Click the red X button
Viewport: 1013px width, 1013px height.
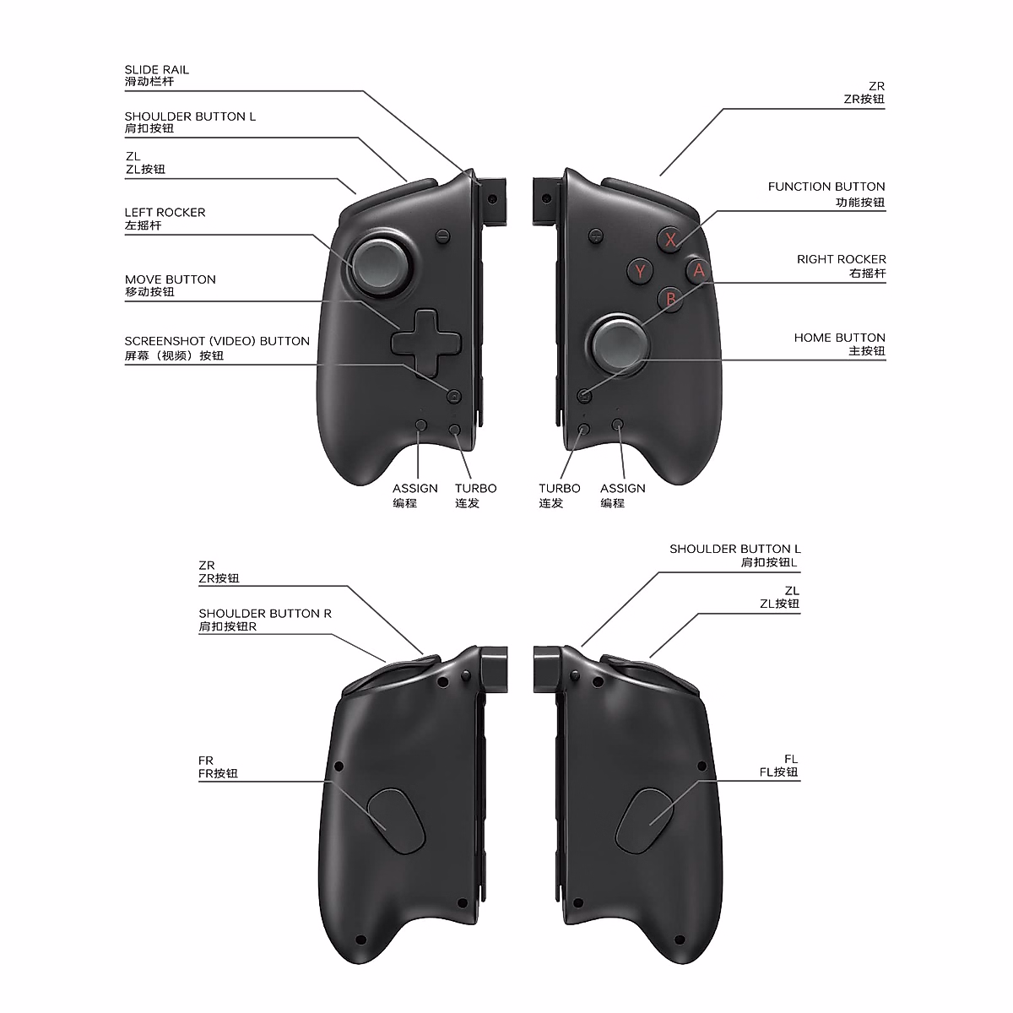pyautogui.click(x=671, y=239)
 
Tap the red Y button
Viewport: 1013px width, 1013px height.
pyautogui.click(x=641, y=271)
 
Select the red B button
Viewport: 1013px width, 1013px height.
pyautogui.click(x=671, y=298)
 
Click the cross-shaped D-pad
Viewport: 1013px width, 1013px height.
pyautogui.click(x=427, y=342)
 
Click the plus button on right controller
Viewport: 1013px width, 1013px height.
pyautogui.click(x=596, y=236)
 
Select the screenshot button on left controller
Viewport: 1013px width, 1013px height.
pyautogui.click(x=454, y=395)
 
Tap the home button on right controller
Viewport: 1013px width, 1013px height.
pyautogui.click(x=584, y=395)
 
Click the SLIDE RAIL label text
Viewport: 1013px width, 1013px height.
pyautogui.click(x=157, y=70)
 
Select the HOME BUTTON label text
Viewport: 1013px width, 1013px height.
pyautogui.click(x=839, y=338)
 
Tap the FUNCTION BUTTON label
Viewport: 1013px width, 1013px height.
pyautogui.click(x=826, y=187)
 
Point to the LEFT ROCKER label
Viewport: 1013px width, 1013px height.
pyautogui.click(x=165, y=213)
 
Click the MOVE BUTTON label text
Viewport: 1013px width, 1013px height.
pyautogui.click(x=171, y=279)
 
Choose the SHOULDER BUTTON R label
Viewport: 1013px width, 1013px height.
pyautogui.click(x=265, y=614)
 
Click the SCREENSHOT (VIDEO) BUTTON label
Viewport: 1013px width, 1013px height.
pyautogui.click(x=217, y=341)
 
